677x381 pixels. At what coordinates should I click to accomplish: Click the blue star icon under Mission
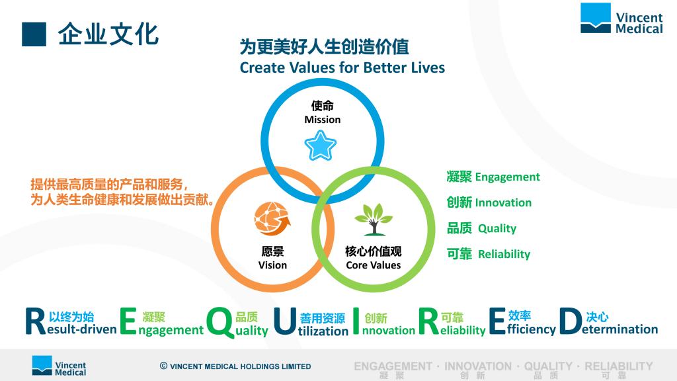pyautogui.click(x=320, y=146)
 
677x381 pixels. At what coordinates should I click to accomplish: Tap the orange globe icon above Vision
pyautogui.click(x=272, y=218)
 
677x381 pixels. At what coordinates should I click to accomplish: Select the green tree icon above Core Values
pyautogui.click(x=374, y=220)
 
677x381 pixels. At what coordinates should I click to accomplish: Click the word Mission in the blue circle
pyautogui.click(x=322, y=120)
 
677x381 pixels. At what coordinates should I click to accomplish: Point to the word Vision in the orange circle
pyautogui.click(x=272, y=265)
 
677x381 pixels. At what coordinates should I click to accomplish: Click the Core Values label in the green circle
pyautogui.click(x=373, y=265)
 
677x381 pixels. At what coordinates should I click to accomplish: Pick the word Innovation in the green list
pyautogui.click(x=503, y=202)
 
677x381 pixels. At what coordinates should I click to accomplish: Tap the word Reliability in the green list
pyautogui.click(x=504, y=254)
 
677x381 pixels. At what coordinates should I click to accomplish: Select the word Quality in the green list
pyautogui.click(x=497, y=228)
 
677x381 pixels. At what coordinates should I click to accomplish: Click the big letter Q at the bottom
pyautogui.click(x=220, y=322)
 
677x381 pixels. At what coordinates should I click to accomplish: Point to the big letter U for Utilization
pyautogui.click(x=285, y=321)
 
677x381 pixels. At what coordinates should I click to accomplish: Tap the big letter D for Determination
pyautogui.click(x=571, y=321)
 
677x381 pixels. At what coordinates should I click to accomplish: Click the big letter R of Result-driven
pyautogui.click(x=36, y=321)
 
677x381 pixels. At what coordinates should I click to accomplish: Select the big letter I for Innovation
pyautogui.click(x=356, y=321)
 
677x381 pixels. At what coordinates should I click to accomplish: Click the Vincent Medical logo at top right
pyautogui.click(x=621, y=18)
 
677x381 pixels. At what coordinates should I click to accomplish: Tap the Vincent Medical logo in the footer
pyautogui.click(x=59, y=366)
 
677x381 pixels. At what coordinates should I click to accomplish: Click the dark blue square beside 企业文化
pyautogui.click(x=34, y=34)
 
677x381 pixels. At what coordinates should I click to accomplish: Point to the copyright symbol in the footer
pyautogui.click(x=164, y=366)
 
